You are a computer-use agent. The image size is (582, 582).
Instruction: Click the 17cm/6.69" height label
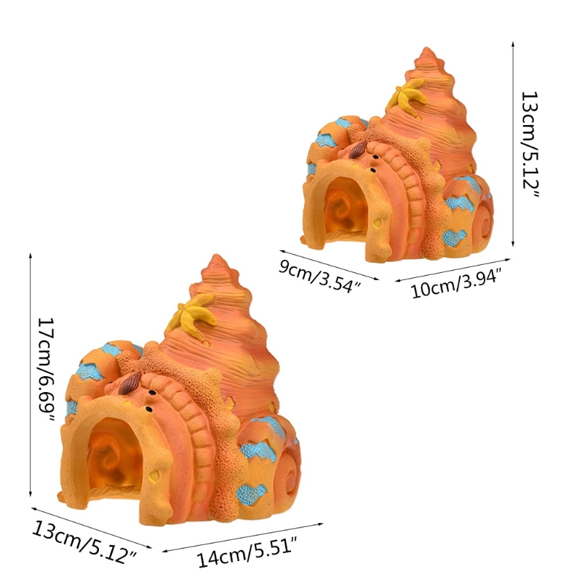[47, 370]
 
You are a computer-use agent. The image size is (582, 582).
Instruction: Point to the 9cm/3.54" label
[320, 276]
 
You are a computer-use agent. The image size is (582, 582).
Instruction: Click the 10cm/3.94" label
[457, 283]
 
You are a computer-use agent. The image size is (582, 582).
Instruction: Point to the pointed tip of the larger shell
[216, 256]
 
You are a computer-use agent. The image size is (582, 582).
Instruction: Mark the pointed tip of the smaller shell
[427, 48]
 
